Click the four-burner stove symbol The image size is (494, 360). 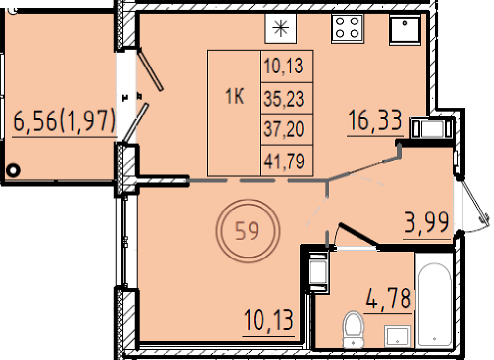347,28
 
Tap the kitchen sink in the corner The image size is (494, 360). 405,29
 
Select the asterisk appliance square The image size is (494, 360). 281,28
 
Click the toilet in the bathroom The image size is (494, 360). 354,329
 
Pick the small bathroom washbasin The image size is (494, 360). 397,336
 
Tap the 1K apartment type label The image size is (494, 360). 235,96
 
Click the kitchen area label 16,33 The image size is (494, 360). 375,120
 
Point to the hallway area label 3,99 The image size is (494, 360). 427,222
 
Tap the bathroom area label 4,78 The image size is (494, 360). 388,298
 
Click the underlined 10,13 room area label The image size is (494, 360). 269,320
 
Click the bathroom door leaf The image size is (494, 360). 358,237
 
